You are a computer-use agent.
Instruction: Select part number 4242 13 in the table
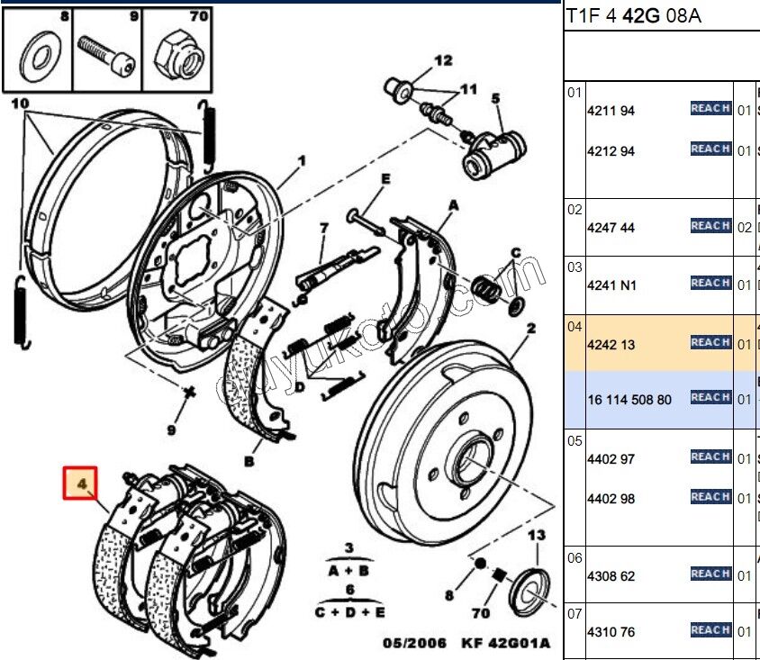[x=611, y=344]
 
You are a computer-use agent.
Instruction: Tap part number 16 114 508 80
[x=629, y=399]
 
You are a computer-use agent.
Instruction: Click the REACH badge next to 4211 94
[x=710, y=109]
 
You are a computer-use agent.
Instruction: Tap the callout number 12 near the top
[x=443, y=61]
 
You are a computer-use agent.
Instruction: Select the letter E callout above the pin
[x=385, y=179]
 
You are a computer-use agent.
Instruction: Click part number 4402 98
[x=611, y=499]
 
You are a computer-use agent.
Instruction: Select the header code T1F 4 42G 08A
[x=633, y=16]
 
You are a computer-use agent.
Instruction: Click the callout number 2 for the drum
[x=531, y=330]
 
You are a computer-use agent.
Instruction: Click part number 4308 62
[x=611, y=574]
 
